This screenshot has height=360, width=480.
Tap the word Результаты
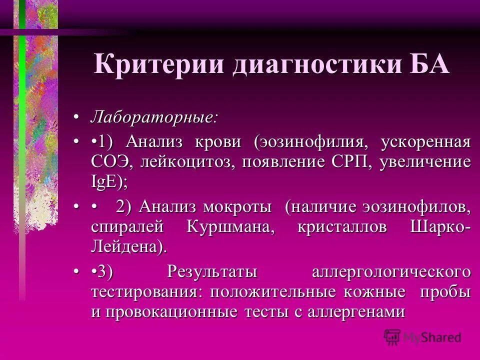(x=212, y=272)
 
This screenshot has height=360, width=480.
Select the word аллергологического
(x=391, y=272)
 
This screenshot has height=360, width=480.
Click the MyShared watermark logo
(x=422, y=337)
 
